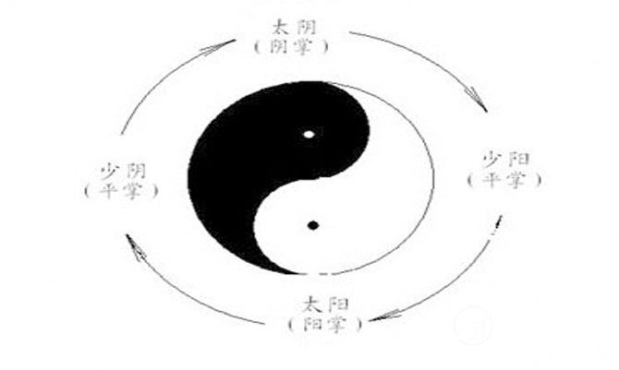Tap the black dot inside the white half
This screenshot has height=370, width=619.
(x=313, y=224)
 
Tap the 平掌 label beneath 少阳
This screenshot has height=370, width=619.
(x=504, y=178)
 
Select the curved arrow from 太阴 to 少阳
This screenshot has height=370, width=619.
(x=434, y=60)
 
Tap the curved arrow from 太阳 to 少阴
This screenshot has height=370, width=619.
(x=185, y=295)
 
